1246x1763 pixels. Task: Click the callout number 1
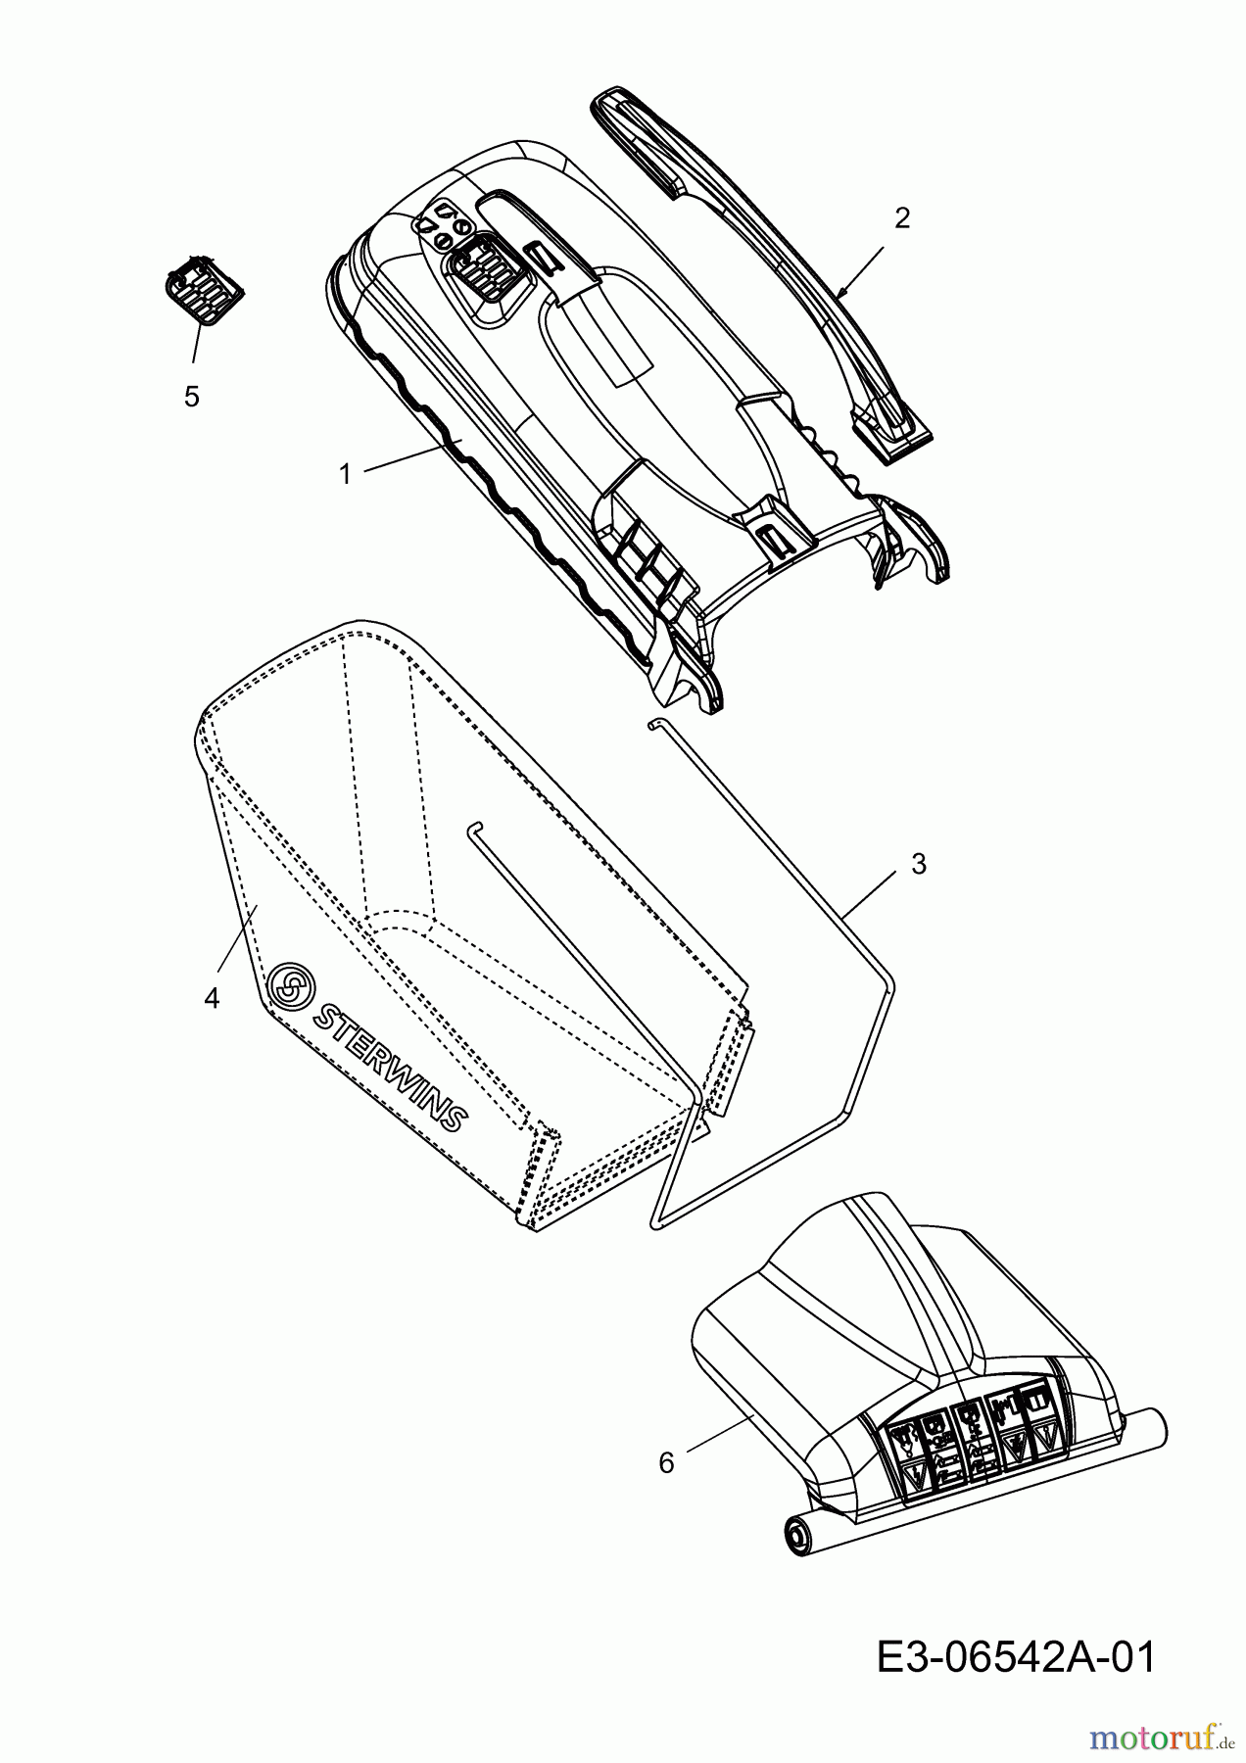344,474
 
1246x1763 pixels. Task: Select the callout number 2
901,217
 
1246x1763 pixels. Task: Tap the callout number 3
918,864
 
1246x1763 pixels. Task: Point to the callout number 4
212,998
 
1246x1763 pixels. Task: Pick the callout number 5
191,396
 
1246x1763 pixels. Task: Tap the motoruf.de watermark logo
1162,1739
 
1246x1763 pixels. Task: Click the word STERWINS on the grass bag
389,1063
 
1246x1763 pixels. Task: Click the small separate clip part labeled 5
201,284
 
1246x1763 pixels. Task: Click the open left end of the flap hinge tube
796,1531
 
